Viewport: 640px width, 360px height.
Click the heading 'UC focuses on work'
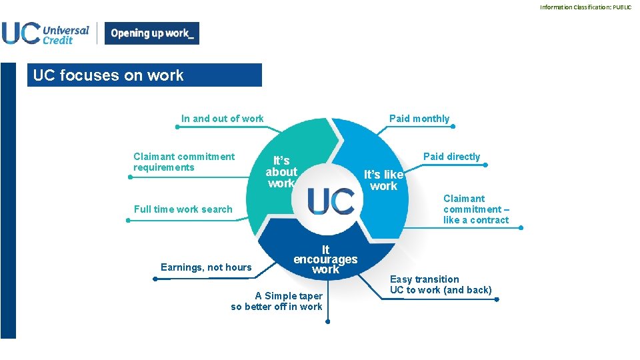(108, 75)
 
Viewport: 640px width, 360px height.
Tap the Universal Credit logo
(45, 33)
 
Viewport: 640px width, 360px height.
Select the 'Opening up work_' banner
(152, 33)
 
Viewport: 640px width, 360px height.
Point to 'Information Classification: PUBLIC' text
(585, 7)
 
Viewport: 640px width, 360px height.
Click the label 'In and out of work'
(222, 119)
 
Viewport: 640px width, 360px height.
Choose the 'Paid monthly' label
(419, 119)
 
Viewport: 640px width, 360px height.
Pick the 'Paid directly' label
(451, 157)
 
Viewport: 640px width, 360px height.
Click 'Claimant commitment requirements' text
(184, 162)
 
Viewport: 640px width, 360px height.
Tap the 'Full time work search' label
(183, 209)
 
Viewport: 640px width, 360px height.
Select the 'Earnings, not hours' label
(206, 267)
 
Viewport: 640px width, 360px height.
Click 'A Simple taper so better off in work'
(277, 301)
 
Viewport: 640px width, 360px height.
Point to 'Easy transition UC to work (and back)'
(441, 285)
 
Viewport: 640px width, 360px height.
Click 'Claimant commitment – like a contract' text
(476, 209)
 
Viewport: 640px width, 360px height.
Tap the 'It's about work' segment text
(281, 172)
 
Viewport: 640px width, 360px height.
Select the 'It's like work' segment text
(383, 180)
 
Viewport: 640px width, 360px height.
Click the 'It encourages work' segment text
(325, 259)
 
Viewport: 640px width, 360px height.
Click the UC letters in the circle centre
(331, 201)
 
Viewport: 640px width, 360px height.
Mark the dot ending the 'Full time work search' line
(128, 220)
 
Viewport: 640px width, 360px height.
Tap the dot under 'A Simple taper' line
(328, 323)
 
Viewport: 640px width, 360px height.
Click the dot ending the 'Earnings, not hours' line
(155, 279)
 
